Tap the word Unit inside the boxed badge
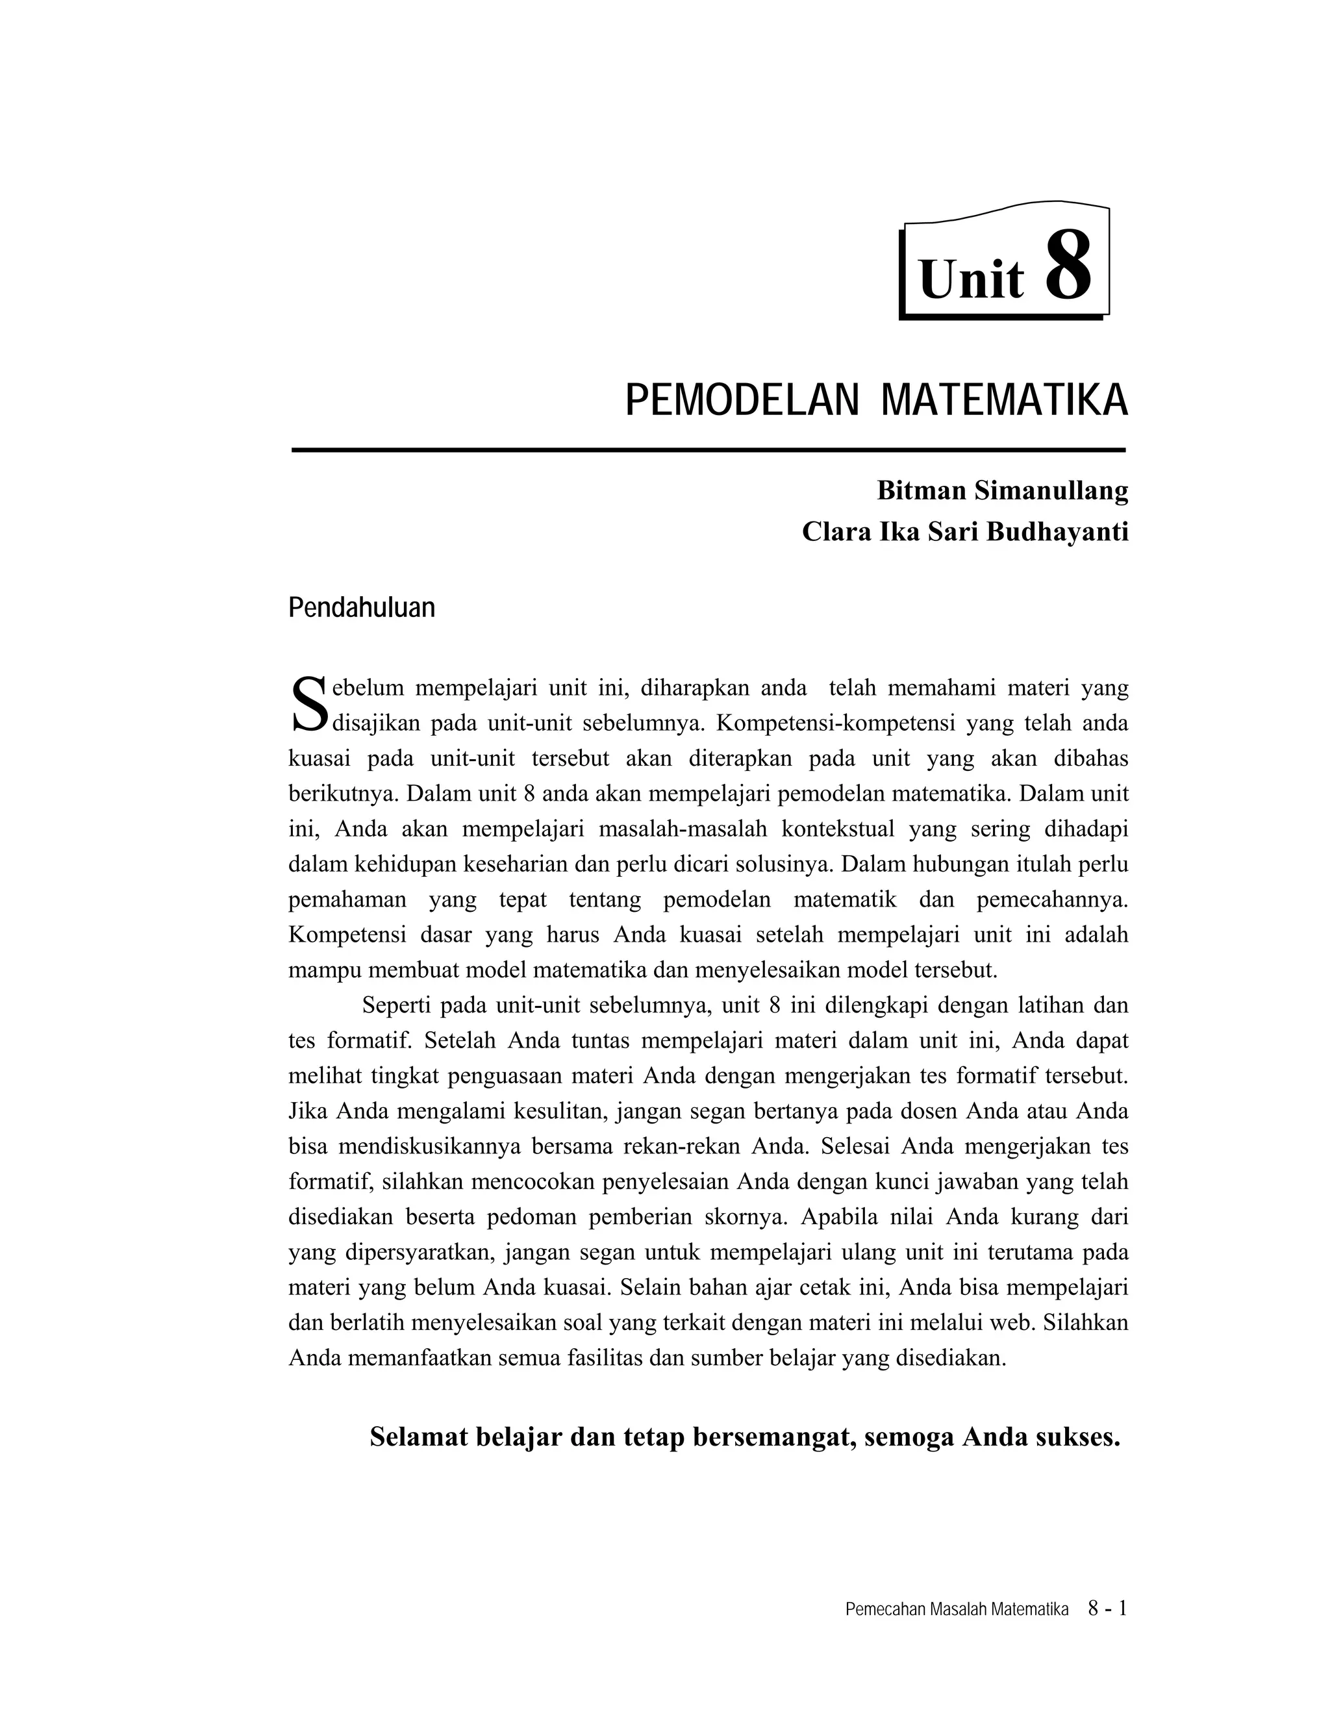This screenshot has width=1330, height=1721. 971,279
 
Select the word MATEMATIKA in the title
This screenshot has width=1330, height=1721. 1004,400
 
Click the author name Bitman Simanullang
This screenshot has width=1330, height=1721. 1002,490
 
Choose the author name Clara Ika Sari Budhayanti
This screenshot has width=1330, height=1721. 964,532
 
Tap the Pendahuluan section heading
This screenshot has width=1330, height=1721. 362,608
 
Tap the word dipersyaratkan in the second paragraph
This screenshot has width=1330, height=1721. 419,1252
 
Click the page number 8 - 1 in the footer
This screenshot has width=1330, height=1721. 1107,1608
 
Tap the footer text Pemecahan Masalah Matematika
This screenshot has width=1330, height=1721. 957,1610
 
